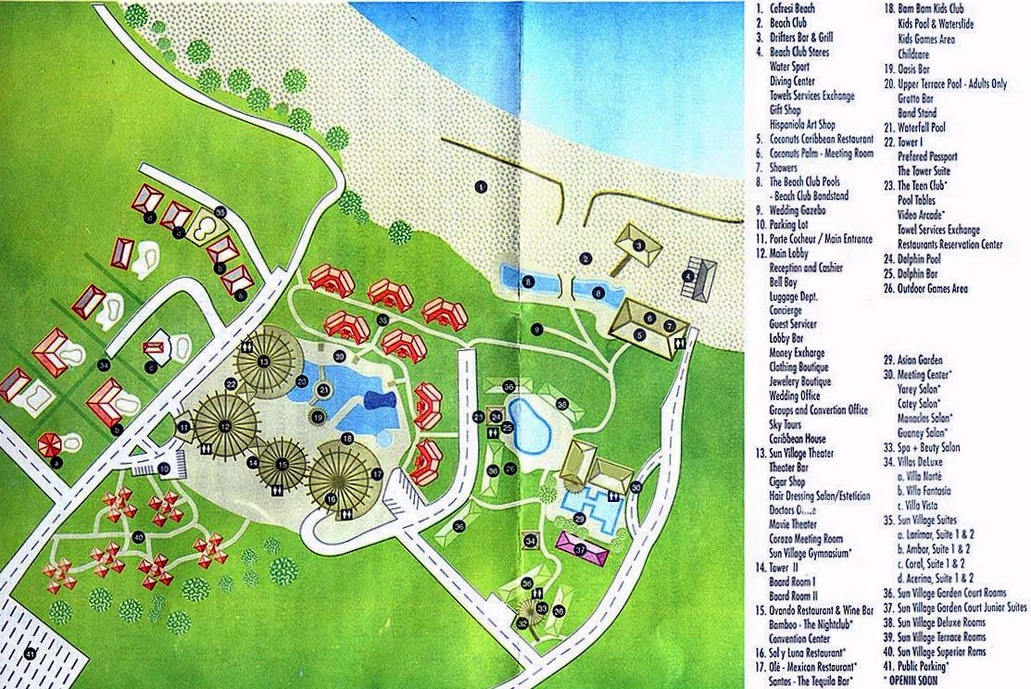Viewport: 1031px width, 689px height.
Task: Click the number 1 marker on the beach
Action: point(480,186)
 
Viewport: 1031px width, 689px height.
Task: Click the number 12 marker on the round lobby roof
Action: point(225,425)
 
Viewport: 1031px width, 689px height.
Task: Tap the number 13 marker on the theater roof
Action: point(264,360)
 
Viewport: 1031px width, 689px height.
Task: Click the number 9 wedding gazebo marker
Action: point(536,329)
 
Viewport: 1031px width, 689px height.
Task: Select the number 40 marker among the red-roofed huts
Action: point(139,536)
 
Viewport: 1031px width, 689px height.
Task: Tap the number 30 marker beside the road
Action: point(635,486)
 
